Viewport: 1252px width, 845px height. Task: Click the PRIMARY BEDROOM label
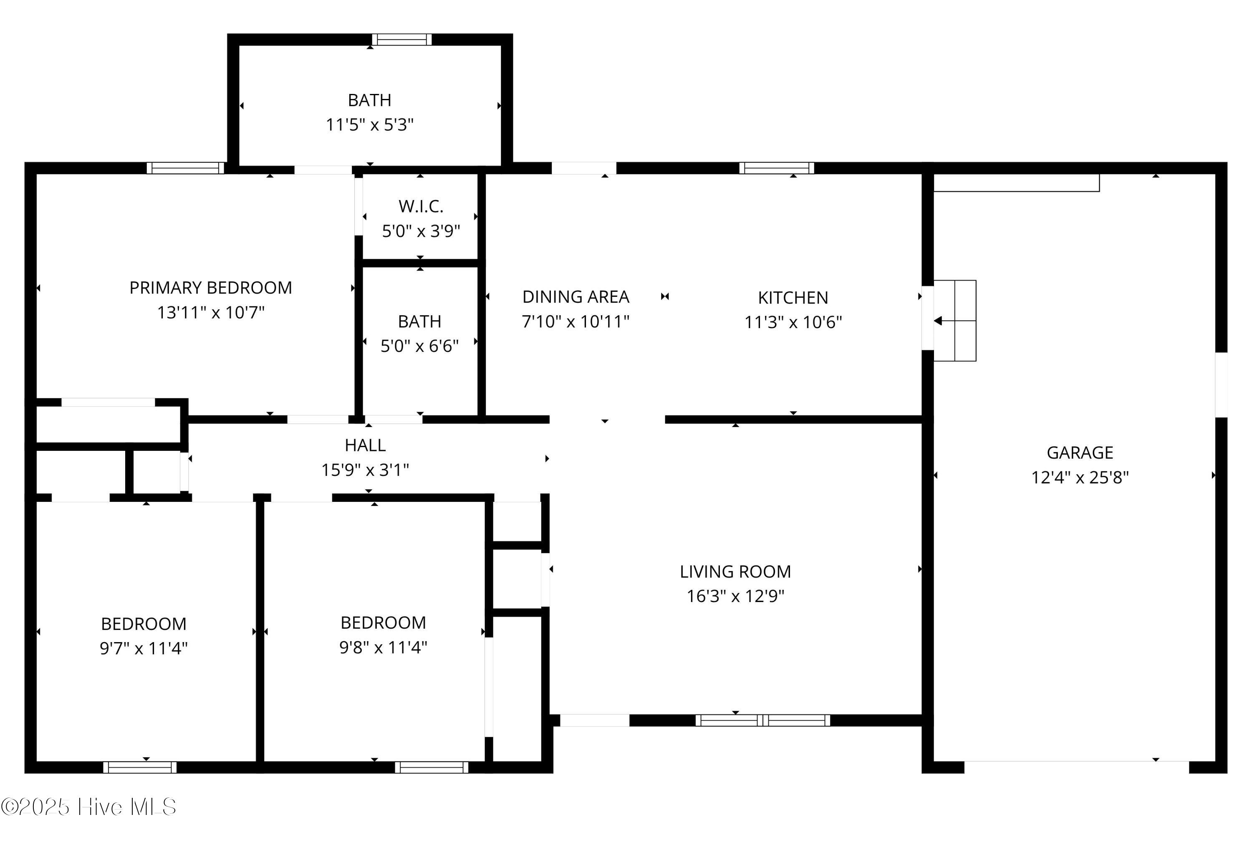point(211,288)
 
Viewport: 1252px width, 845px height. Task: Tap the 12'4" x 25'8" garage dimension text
point(1079,478)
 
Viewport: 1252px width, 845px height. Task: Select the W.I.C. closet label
point(421,206)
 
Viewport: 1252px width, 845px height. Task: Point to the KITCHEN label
point(793,298)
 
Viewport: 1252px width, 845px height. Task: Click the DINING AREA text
point(576,297)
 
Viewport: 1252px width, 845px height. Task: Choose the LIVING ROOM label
point(735,571)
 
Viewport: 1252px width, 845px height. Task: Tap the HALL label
point(365,445)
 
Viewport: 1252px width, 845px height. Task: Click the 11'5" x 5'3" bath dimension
point(370,125)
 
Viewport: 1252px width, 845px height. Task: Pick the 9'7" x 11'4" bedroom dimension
point(143,648)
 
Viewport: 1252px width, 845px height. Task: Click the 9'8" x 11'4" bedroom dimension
point(383,647)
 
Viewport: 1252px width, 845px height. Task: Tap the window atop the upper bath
point(401,39)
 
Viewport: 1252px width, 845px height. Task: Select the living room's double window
point(762,721)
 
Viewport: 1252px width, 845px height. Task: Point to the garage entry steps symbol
point(954,321)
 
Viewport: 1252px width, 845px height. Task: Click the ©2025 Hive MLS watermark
point(89,807)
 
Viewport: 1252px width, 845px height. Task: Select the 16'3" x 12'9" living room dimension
point(735,596)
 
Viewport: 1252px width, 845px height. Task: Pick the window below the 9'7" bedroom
point(140,767)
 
